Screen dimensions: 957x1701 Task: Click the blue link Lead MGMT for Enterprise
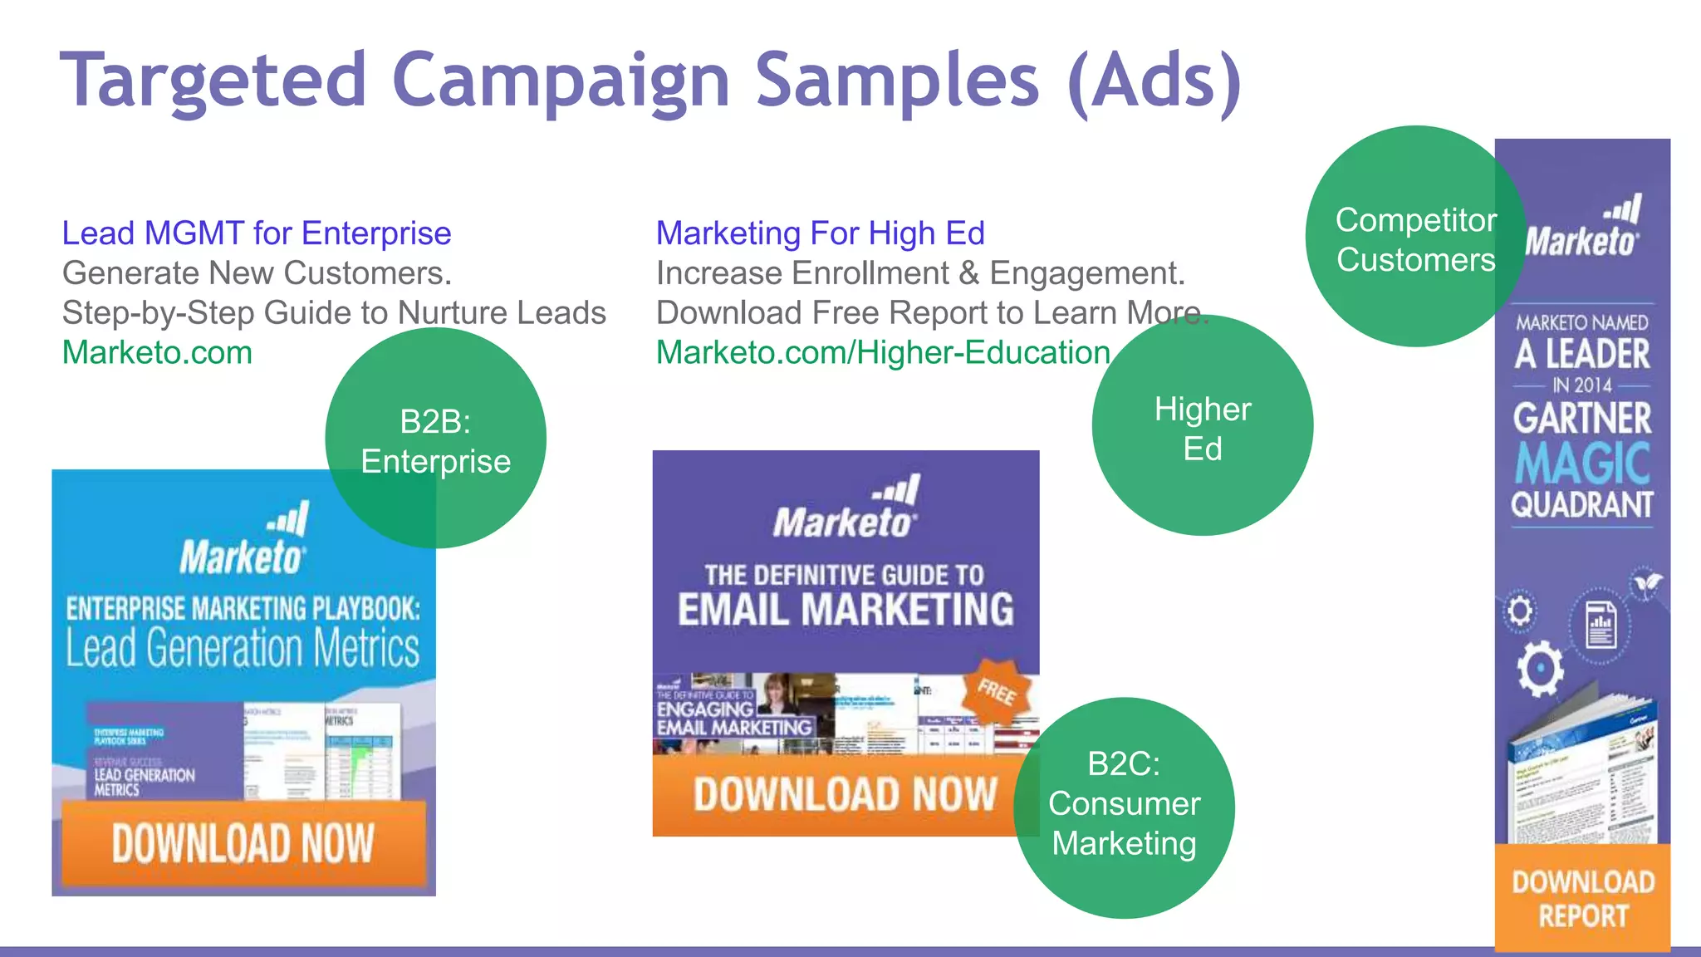tap(257, 233)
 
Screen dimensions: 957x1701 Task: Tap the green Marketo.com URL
tap(157, 353)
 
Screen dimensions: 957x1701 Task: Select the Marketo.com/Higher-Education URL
tap(883, 353)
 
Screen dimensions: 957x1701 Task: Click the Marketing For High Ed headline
tap(820, 233)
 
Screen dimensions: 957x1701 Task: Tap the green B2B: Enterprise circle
tap(435, 439)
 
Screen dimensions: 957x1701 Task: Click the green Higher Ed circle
tap(1202, 426)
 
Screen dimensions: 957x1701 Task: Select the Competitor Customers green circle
tap(1415, 238)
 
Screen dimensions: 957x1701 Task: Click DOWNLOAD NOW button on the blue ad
tap(243, 842)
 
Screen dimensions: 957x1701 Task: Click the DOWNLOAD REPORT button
tap(1582, 898)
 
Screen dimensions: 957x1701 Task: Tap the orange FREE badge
tap(997, 690)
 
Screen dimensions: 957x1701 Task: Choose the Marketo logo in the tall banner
tap(1582, 228)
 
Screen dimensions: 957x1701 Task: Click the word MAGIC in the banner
tap(1582, 463)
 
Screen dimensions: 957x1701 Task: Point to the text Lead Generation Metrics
tap(243, 648)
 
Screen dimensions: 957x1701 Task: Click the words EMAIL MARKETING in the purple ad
tap(846, 609)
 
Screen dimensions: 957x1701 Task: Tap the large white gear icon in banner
tap(1540, 668)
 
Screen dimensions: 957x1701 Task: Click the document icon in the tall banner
tap(1600, 625)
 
